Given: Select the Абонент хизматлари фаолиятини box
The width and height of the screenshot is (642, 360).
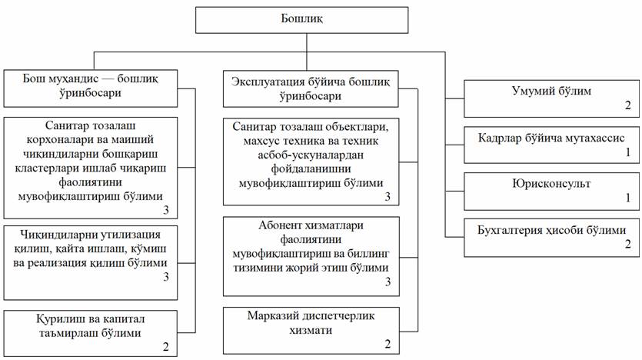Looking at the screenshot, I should pos(311,256).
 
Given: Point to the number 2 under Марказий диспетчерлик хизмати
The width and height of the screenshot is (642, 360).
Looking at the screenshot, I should pos(388,343).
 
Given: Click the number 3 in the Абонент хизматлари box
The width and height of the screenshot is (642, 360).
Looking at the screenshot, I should pos(388,283).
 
